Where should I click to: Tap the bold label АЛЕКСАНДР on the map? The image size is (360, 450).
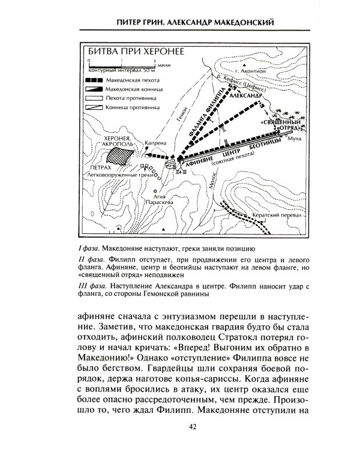point(247,95)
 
